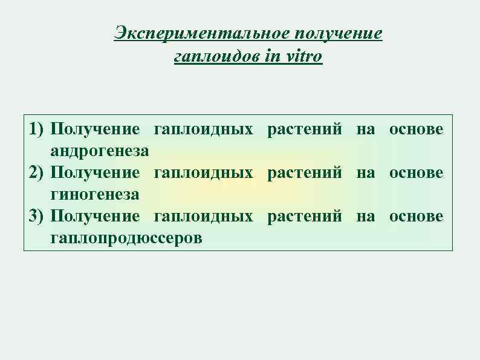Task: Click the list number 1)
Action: (x=37, y=129)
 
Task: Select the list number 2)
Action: (x=37, y=172)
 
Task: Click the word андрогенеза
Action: (x=101, y=150)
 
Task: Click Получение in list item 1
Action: (x=96, y=129)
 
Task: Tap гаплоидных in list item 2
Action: (x=204, y=172)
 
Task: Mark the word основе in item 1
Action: (x=417, y=129)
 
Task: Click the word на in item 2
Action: (x=365, y=172)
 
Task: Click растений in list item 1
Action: (x=304, y=129)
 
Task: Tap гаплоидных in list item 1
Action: (x=204, y=129)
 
